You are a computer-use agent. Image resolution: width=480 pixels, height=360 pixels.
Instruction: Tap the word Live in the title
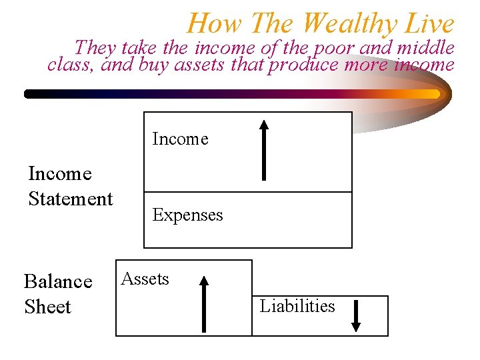429,24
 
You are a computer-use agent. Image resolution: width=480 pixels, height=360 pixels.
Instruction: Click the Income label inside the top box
180,139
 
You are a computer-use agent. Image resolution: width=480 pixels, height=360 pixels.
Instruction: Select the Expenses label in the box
187,215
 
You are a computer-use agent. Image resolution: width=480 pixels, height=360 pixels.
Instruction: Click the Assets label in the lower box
145,279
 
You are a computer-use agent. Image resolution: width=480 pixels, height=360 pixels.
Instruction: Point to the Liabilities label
297,306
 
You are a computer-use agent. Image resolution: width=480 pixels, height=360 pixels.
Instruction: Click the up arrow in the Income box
264,150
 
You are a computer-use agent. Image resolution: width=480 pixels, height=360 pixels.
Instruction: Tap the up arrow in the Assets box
204,304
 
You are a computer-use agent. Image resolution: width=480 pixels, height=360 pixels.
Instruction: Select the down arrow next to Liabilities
356,315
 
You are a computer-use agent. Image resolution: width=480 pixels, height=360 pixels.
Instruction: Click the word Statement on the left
71,199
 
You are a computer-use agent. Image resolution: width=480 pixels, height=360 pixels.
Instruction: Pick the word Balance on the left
58,282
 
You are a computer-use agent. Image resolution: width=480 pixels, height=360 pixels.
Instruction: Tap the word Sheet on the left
47,307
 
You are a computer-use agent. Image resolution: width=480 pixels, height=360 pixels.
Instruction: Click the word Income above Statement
60,173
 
